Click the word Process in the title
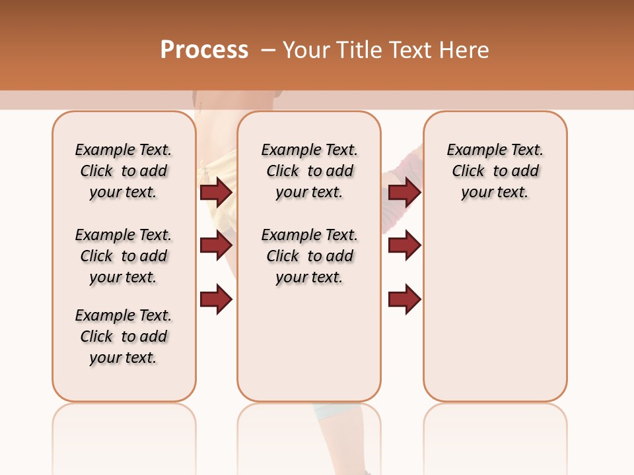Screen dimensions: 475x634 click(x=204, y=50)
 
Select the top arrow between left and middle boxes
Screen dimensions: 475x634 click(x=216, y=192)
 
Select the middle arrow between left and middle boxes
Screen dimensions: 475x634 click(x=216, y=245)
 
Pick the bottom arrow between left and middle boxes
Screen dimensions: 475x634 click(x=216, y=300)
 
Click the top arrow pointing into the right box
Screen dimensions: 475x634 click(x=404, y=192)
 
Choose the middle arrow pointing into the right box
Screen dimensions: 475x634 click(x=404, y=245)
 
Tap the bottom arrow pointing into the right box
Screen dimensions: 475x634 click(x=404, y=300)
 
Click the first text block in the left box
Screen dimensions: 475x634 click(x=123, y=171)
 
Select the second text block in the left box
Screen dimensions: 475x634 click(x=123, y=256)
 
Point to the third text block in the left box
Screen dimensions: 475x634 click(x=123, y=336)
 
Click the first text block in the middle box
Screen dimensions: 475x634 click(x=309, y=171)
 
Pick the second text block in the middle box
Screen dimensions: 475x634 click(x=309, y=256)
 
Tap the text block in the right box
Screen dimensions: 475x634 click(x=495, y=171)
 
